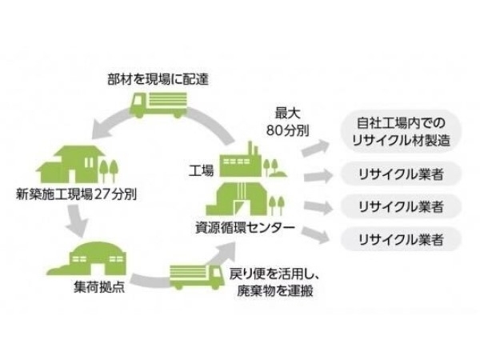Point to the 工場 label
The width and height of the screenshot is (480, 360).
point(201,170)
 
